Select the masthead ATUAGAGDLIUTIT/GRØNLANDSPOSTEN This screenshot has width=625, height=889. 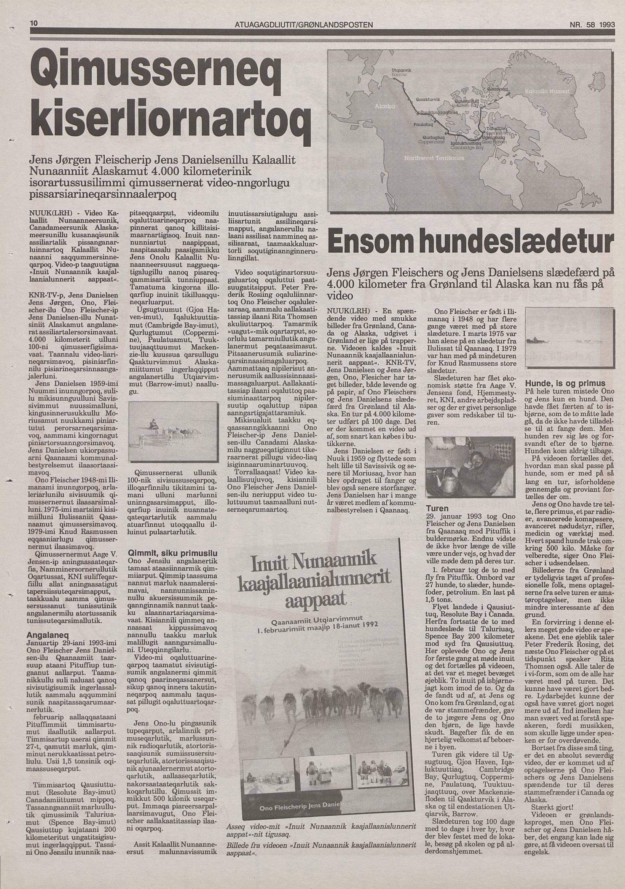point(304,25)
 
